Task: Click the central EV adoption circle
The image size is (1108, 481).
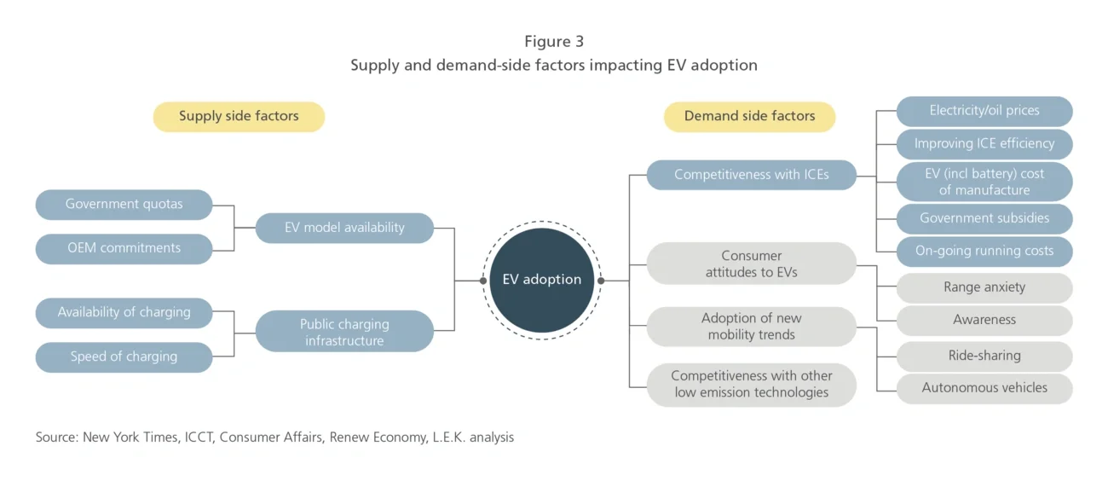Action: point(541,280)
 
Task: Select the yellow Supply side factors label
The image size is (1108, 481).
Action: point(239,117)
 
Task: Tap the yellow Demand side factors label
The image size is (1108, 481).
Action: point(749,117)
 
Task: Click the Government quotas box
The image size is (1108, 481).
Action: point(124,205)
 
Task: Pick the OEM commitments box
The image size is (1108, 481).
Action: point(124,248)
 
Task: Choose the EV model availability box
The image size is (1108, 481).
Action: point(344,228)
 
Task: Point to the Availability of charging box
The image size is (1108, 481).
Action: point(124,313)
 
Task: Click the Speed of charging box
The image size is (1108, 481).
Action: point(124,357)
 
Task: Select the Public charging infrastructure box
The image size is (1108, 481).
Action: point(344,332)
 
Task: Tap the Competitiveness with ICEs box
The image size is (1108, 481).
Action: point(751,175)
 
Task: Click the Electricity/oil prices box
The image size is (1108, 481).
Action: point(984,111)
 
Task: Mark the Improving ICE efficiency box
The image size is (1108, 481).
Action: point(984,144)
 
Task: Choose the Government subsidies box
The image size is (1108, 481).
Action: point(984,218)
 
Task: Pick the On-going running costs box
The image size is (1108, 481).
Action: point(984,252)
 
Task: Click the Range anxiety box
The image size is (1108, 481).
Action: point(984,288)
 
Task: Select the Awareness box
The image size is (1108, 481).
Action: point(984,321)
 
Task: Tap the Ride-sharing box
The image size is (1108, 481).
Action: point(984,356)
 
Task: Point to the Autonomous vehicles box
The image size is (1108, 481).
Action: point(984,388)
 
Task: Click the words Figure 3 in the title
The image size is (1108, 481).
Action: point(554,42)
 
